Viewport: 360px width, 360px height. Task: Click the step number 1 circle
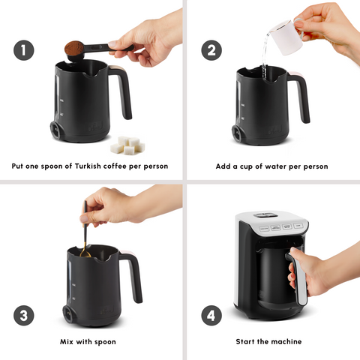23,50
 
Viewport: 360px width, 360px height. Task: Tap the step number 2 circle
211,50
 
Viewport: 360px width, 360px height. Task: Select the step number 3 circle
23,315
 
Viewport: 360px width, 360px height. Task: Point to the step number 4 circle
211,315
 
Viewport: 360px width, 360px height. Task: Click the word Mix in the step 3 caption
68,342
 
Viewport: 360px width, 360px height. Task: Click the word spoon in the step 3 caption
112,342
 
